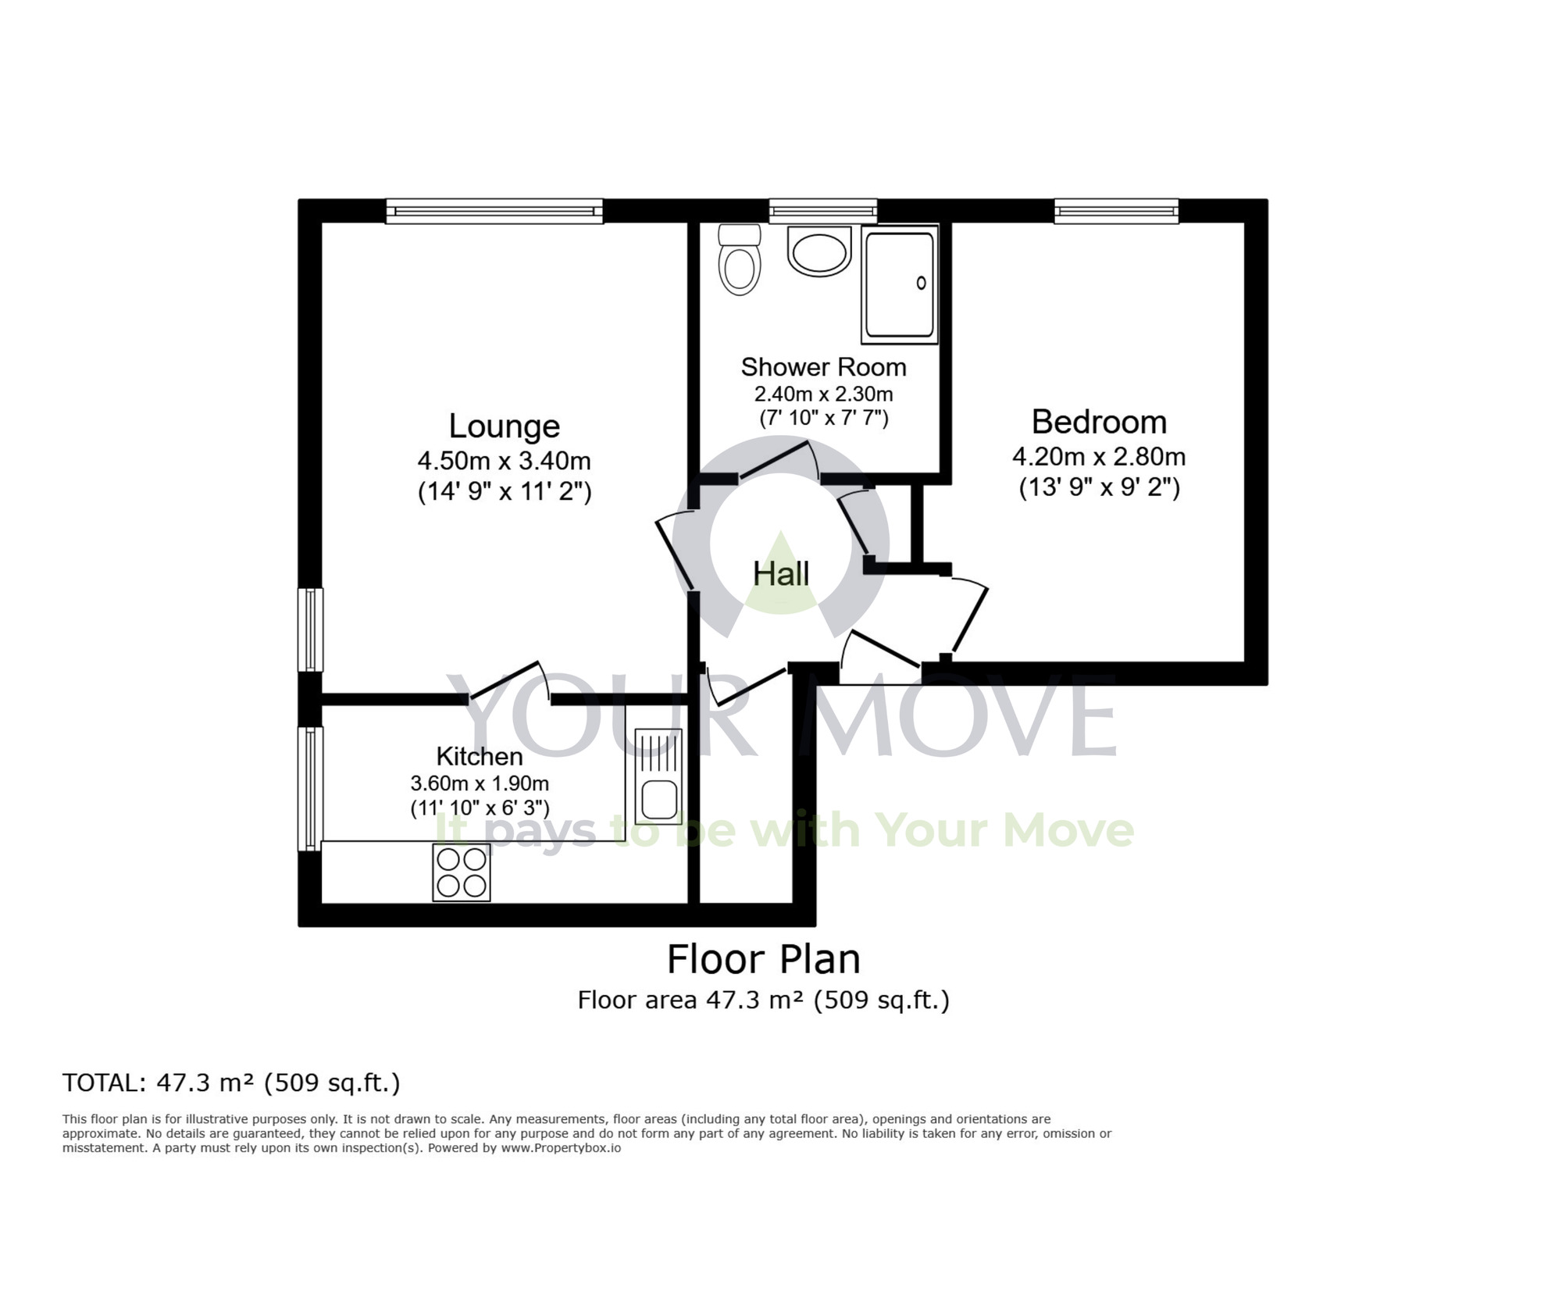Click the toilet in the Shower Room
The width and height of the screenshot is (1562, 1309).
[739, 259]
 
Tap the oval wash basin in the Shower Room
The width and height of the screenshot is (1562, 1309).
[819, 251]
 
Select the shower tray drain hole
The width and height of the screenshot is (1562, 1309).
[921, 284]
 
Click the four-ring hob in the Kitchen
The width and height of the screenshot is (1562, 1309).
[462, 872]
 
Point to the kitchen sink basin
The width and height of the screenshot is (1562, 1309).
[659, 799]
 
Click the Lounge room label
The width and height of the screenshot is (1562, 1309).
[505, 426]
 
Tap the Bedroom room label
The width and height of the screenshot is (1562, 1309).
[1099, 422]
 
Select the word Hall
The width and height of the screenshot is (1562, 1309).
[781, 574]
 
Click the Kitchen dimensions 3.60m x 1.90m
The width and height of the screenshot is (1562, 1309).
[480, 783]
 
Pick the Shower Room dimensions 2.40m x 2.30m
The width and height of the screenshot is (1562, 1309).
[823, 394]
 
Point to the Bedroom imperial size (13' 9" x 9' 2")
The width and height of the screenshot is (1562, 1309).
[1099, 488]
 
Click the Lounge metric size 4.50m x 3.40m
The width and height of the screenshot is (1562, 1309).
[504, 460]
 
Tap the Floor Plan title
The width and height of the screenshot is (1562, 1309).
[763, 959]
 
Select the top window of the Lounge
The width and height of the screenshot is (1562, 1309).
[494, 211]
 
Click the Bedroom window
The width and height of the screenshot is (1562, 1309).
[1116, 211]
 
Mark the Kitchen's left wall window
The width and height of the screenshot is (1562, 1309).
[311, 788]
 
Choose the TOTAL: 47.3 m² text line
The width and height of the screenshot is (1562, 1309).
[231, 1083]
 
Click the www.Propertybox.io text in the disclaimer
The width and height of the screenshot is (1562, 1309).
[561, 1148]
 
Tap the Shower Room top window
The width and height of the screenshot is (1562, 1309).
[822, 211]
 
